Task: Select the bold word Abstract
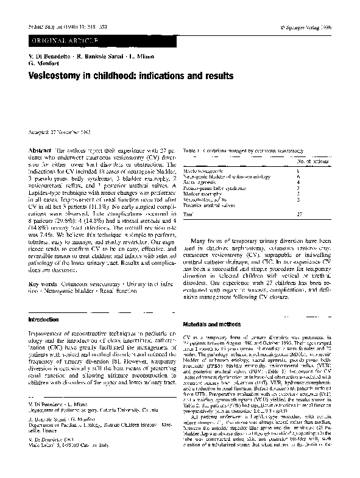pyautogui.click(x=40, y=150)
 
